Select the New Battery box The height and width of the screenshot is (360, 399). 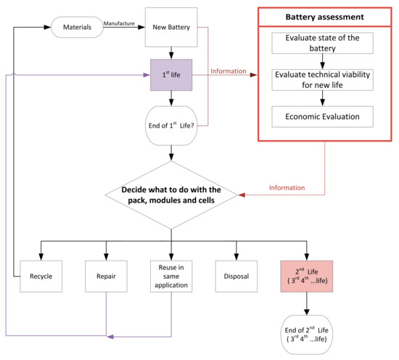pyautogui.click(x=171, y=27)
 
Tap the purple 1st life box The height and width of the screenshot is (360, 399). pyautogui.click(x=171, y=74)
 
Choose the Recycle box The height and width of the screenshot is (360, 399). pyautogui.click(x=41, y=277)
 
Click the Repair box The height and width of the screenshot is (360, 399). pyautogui.click(x=107, y=277)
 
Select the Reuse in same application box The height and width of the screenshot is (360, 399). pyautogui.click(x=171, y=277)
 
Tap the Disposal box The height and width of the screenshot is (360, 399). pyautogui.click(x=237, y=277)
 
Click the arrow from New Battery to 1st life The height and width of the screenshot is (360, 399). pyautogui.click(x=171, y=52)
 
